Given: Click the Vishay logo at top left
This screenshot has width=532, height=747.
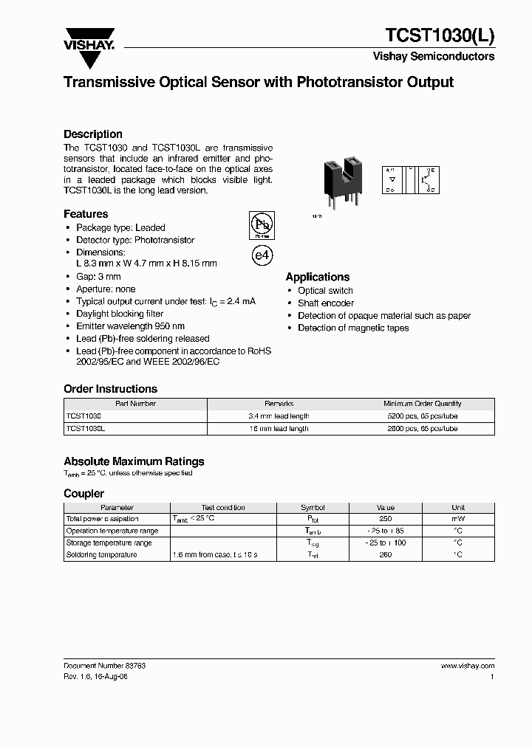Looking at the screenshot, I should click(89, 38).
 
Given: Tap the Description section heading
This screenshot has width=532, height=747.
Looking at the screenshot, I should click(93, 134).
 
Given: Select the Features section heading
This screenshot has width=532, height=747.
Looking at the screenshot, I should click(86, 214).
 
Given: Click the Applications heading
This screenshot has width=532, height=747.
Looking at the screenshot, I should click(318, 277).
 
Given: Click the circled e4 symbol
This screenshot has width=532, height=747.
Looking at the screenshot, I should click(262, 255).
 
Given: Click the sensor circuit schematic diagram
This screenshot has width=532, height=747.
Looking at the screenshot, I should click(411, 180).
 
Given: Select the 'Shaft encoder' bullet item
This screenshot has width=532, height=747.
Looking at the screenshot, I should click(326, 303).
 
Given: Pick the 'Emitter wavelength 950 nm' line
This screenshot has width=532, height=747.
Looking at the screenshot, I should click(130, 326).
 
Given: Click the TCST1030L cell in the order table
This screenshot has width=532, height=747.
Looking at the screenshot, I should click(86, 428).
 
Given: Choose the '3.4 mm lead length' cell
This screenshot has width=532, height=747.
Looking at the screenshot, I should click(279, 416).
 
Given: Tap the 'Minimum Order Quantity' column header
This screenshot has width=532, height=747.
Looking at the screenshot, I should click(422, 404).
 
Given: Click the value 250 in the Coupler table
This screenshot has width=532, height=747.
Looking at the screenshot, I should click(385, 519).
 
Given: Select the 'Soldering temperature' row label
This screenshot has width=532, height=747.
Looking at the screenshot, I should click(101, 554).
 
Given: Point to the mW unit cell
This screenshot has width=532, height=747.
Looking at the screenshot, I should click(458, 519).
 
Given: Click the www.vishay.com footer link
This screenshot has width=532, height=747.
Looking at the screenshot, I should click(467, 665).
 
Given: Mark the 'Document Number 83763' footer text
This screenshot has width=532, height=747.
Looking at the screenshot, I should click(104, 665).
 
